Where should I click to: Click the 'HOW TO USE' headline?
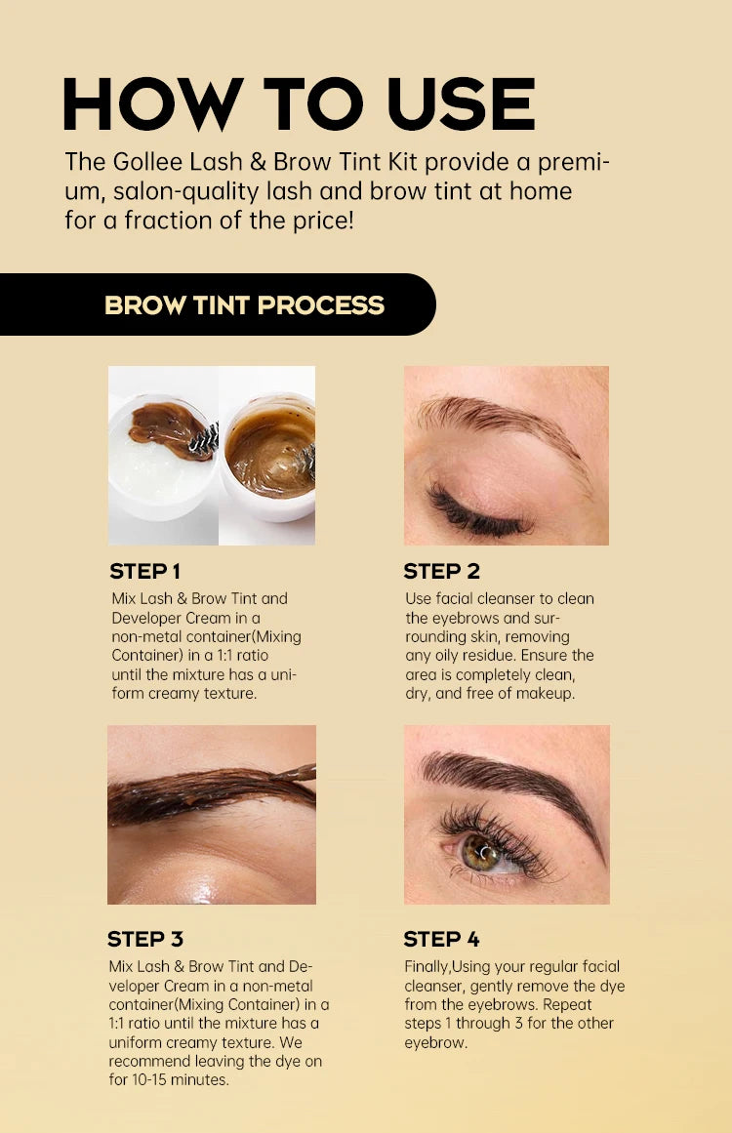[299, 103]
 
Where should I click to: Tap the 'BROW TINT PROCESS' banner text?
[244, 305]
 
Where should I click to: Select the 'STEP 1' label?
[144, 572]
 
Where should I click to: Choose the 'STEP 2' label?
[441, 572]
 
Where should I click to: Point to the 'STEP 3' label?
[144, 940]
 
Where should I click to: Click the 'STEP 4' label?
[441, 940]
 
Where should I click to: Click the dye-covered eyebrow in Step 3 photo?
[210, 790]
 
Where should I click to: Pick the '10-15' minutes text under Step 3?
[153, 1080]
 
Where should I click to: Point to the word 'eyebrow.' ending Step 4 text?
[435, 1042]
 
